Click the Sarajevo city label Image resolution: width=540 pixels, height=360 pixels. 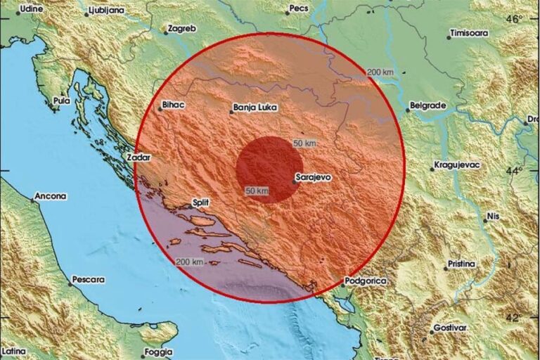point(314,177)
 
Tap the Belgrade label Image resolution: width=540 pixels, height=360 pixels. point(427,105)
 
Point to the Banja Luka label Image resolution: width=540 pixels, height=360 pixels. point(254,108)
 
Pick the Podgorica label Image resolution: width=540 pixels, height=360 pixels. point(366,281)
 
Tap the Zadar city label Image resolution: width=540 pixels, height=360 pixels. point(138,157)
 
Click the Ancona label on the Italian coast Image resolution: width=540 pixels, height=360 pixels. point(51,196)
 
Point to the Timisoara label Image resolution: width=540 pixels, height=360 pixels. point(468,33)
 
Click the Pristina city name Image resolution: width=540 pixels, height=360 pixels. point(460,264)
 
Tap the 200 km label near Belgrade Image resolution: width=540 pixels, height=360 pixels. point(380,72)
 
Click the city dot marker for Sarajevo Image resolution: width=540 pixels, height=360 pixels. point(294,182)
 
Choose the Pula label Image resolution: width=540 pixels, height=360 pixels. point(62,101)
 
